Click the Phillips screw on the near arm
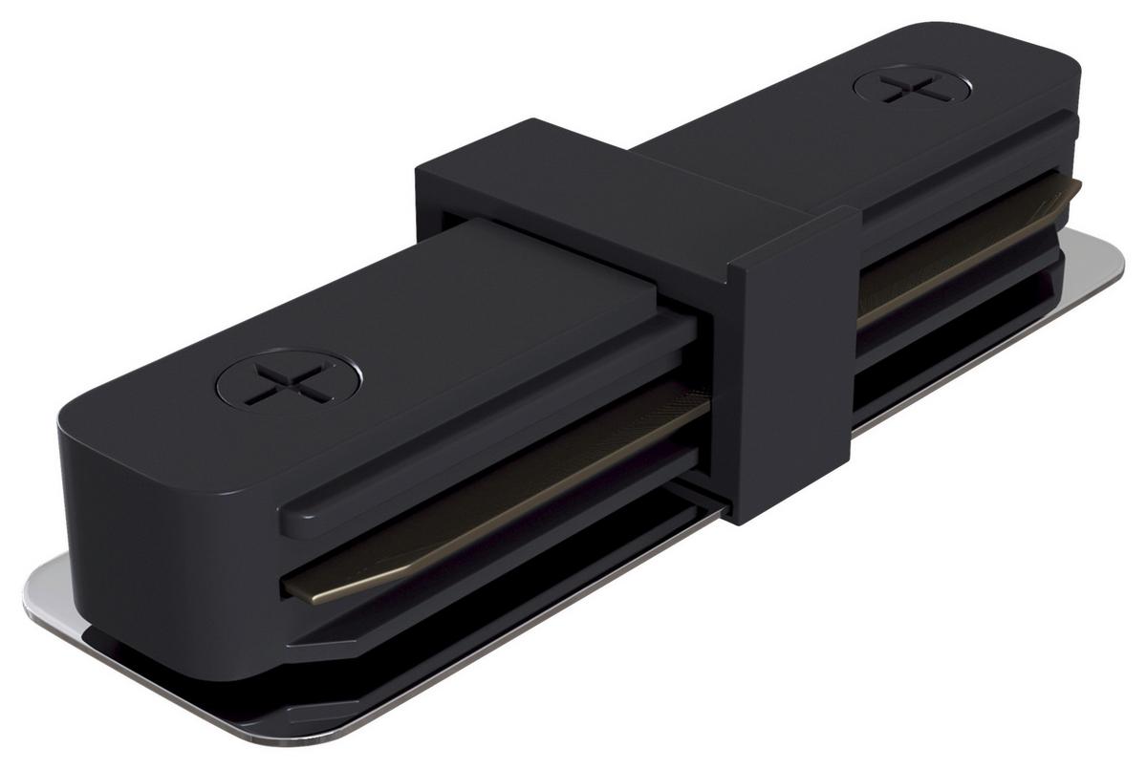[290, 386]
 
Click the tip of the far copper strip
[1076, 184]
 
